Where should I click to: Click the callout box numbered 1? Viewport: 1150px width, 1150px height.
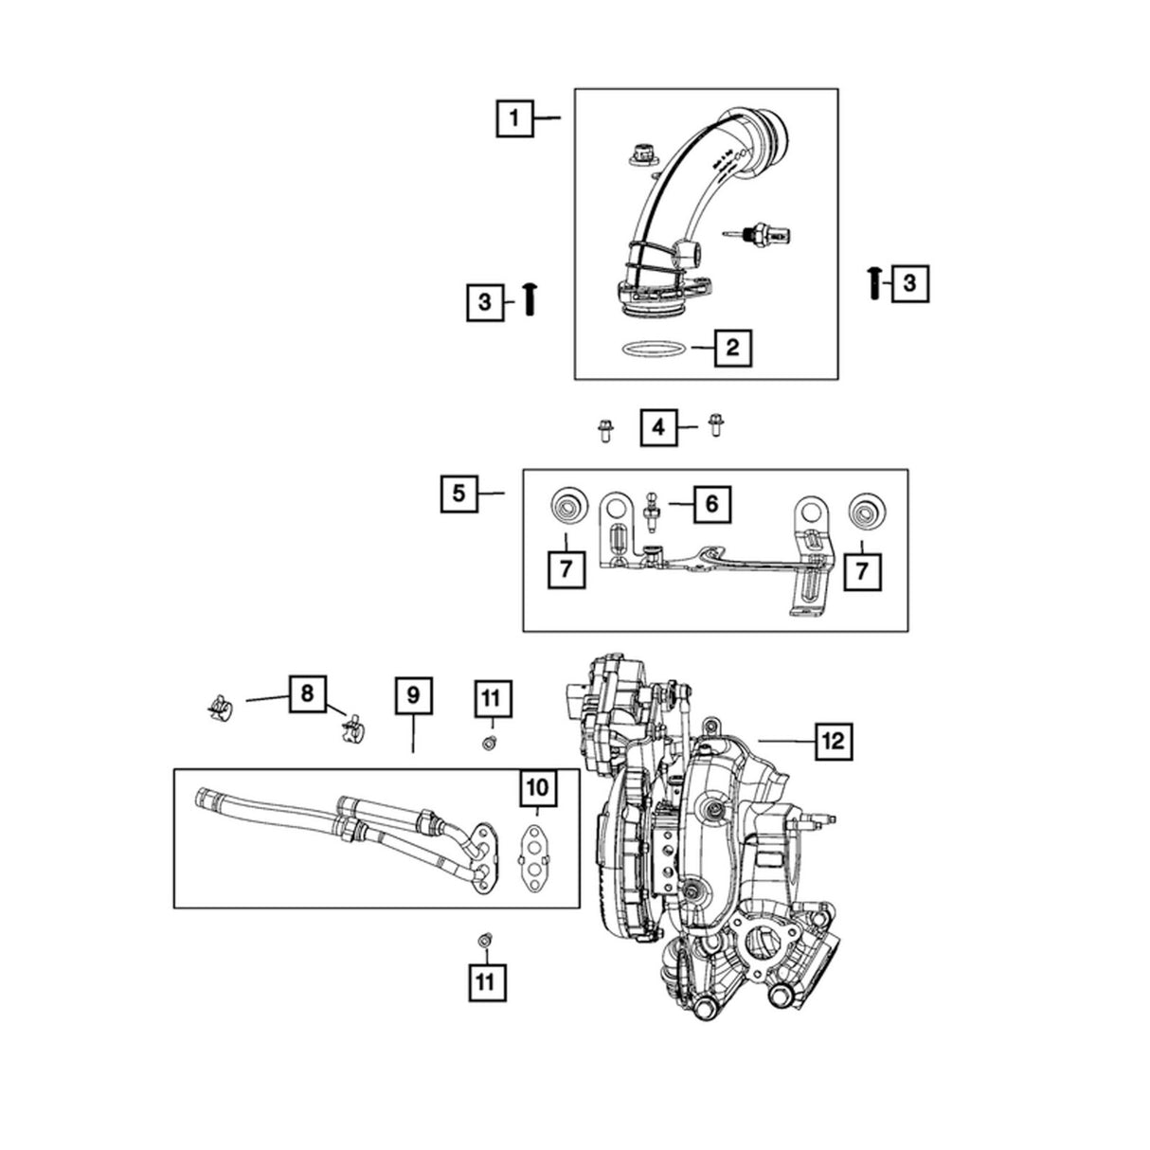[x=514, y=118]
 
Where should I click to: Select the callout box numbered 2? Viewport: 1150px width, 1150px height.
[x=731, y=348]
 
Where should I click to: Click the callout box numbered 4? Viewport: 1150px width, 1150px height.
[x=660, y=428]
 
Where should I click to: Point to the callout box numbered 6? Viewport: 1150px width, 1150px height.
[x=711, y=504]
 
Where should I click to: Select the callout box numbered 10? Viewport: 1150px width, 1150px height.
[x=536, y=786]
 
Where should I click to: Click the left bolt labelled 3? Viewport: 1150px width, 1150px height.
[x=530, y=300]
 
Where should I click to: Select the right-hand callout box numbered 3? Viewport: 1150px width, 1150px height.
[x=909, y=282]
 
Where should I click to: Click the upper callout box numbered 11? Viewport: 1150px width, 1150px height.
[x=490, y=699]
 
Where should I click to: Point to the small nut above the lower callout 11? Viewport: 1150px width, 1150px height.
[x=485, y=940]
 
